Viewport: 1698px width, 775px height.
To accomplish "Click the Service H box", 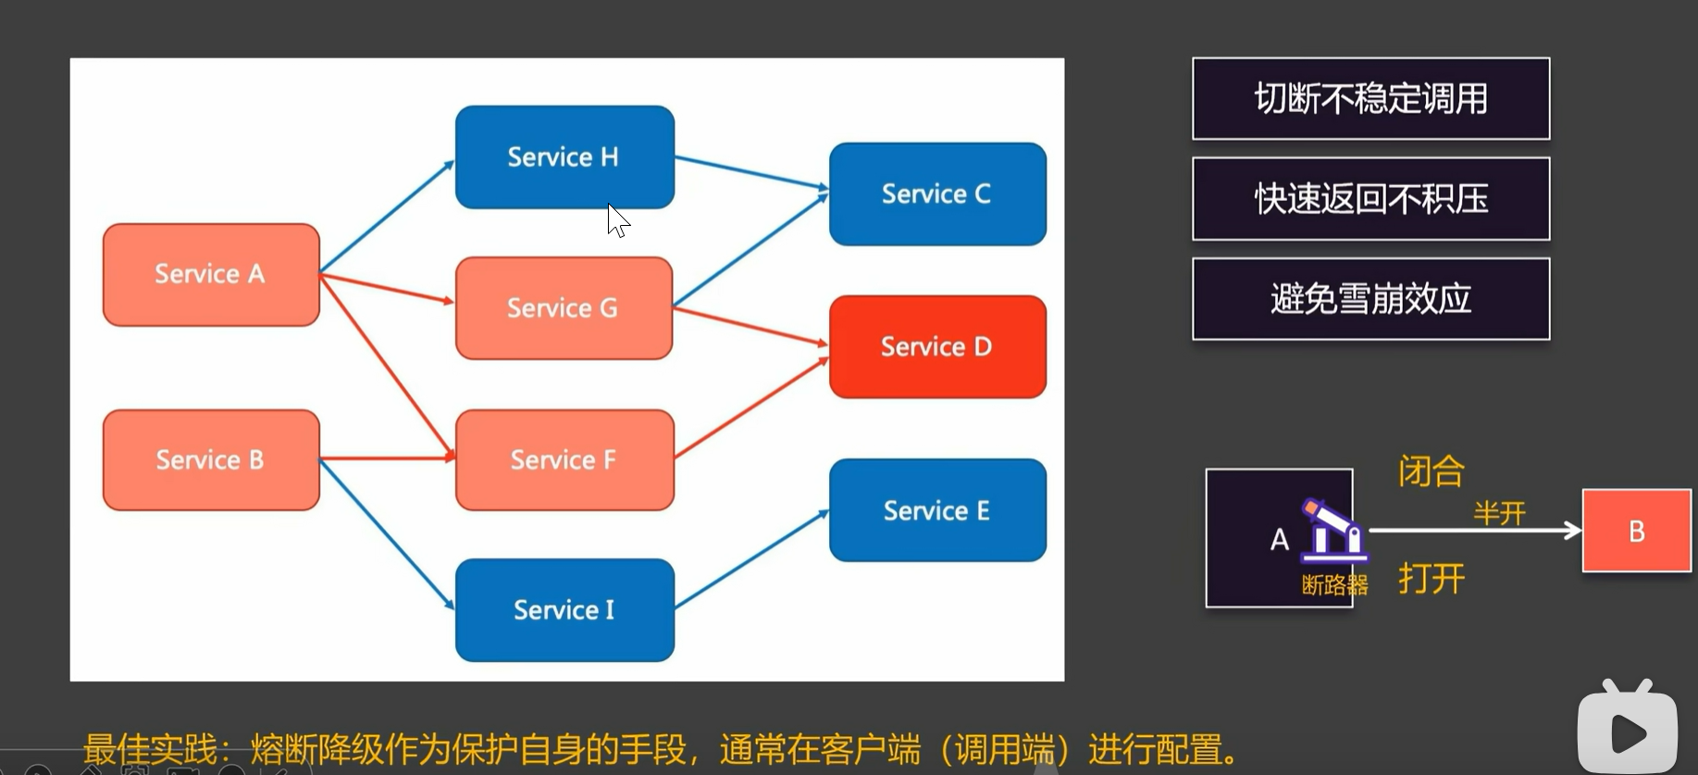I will [x=564, y=156].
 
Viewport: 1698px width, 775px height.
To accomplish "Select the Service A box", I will [x=211, y=274].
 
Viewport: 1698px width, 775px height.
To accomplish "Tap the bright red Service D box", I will [x=937, y=346].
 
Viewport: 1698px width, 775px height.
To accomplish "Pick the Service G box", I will [x=564, y=307].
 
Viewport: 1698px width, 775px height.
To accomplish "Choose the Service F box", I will [x=564, y=459].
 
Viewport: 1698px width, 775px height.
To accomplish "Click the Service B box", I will [x=211, y=459].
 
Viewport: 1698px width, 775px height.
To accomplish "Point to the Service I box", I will [x=564, y=609].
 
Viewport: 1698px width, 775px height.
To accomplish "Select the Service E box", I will [x=937, y=510].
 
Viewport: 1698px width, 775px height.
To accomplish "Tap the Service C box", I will [x=937, y=194].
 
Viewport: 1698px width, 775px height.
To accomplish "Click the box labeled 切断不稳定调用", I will [x=1370, y=99].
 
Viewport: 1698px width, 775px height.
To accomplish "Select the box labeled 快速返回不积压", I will [x=1370, y=199].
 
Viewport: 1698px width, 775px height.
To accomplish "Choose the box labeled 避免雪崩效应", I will [x=1370, y=299].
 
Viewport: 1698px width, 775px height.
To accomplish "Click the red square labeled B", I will [x=1636, y=531].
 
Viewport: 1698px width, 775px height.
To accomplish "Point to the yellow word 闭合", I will [x=1431, y=471].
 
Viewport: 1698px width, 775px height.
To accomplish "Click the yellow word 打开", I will [x=1431, y=579].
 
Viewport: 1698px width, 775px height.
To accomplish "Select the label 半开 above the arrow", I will [x=1499, y=512].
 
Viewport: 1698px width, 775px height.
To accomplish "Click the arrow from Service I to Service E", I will [x=751, y=559].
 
